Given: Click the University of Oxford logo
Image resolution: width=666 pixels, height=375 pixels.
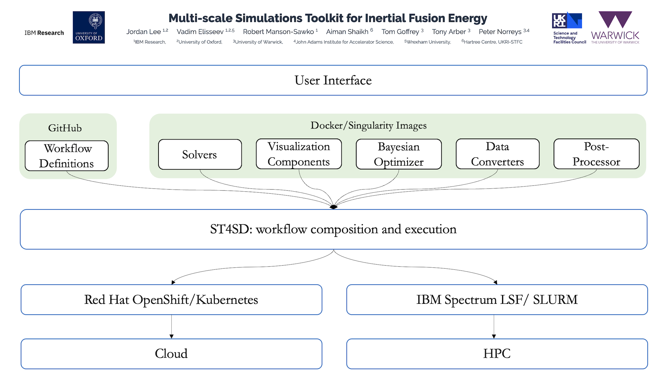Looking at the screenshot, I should (88, 27).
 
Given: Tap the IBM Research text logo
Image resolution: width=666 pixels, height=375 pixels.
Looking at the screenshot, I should (44, 33).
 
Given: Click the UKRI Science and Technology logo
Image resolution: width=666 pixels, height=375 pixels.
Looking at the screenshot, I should (568, 28).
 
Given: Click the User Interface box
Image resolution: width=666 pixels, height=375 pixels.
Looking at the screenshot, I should (333, 80).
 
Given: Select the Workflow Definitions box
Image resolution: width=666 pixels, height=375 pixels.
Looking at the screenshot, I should (67, 156).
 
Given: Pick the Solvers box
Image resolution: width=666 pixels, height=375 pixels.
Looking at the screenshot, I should (200, 155).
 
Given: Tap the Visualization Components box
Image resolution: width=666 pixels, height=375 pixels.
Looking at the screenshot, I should (299, 154).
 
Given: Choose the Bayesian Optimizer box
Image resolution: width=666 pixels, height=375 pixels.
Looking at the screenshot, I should (399, 154).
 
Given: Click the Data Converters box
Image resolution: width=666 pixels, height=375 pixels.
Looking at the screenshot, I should (497, 154).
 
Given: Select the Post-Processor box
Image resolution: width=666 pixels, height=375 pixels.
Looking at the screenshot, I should (596, 154).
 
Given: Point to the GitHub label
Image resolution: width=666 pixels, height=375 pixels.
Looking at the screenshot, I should (65, 128).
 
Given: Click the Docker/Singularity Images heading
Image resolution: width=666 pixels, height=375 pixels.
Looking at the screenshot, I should (368, 125).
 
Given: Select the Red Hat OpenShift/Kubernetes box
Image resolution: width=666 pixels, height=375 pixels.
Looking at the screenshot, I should (171, 300).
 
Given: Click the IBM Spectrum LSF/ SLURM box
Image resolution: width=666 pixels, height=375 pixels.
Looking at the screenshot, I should (497, 300).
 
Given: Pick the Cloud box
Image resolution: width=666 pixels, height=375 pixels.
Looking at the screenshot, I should (171, 354).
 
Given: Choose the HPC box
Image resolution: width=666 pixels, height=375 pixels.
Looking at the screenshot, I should (497, 354).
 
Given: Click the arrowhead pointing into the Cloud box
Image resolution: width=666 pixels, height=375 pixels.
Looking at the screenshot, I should (171, 336).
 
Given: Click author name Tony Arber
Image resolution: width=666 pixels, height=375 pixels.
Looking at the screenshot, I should (449, 32).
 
